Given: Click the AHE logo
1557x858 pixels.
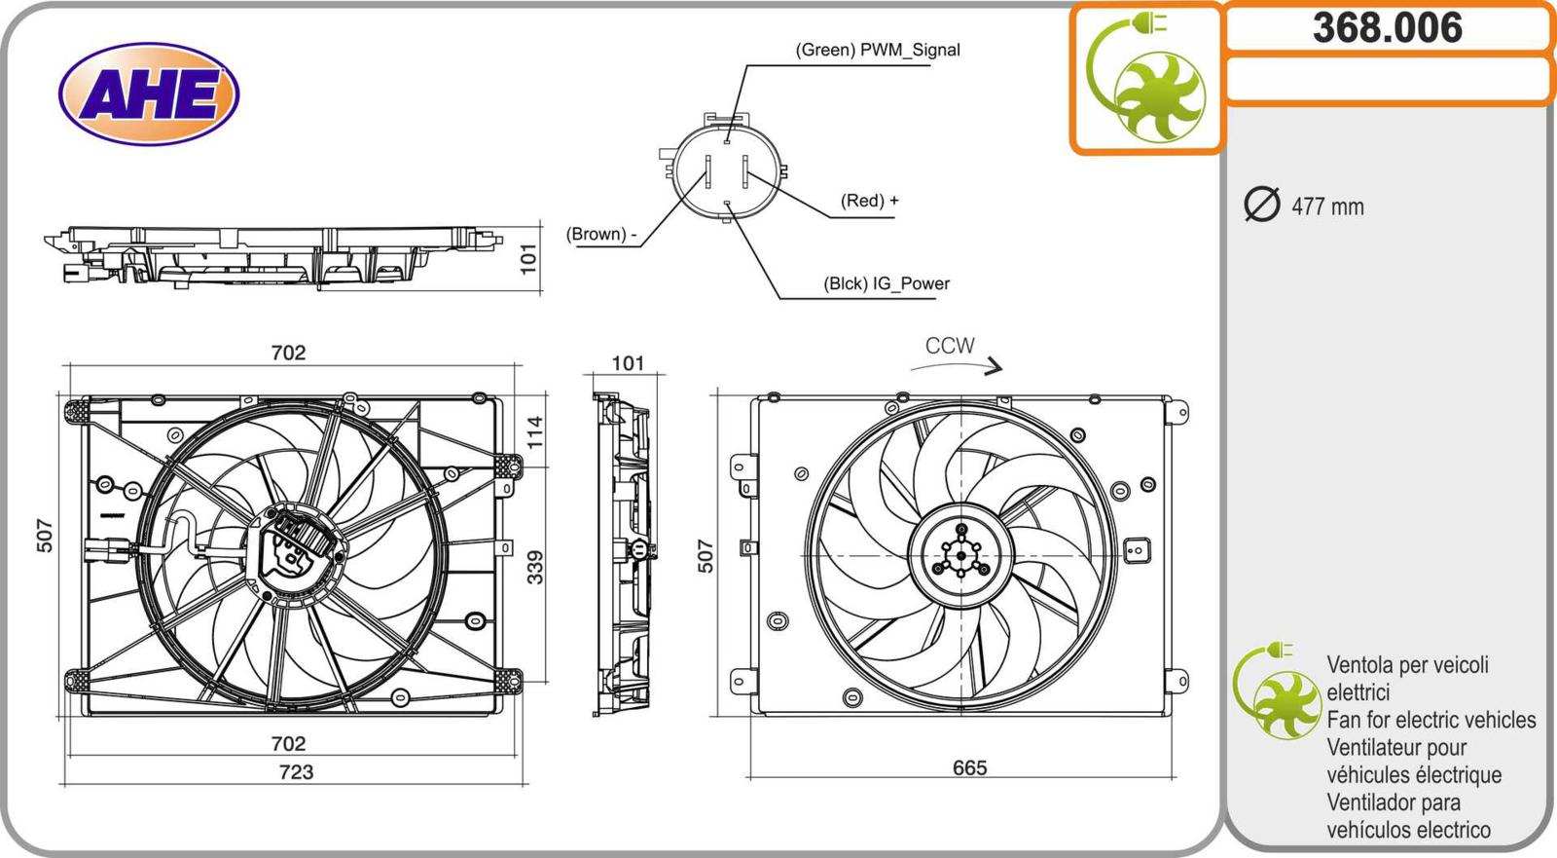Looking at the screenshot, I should [149, 94].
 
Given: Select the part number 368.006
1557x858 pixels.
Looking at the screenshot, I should [1387, 27].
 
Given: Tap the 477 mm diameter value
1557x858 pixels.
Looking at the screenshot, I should [1327, 206].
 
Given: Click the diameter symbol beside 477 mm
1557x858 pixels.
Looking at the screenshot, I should [1262, 205].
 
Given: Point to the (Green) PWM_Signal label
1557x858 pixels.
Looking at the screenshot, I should [877, 50].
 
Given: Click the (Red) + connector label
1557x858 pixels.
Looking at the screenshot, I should [869, 201].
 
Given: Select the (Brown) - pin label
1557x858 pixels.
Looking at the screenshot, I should [601, 234].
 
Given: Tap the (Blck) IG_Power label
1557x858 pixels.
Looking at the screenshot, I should [886, 283].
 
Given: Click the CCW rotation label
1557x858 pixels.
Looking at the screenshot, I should [949, 346].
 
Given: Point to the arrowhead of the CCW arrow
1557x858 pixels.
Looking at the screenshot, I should [995, 367].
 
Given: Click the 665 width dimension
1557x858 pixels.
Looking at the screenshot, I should [969, 767].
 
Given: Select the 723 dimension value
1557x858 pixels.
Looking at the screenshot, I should [296, 771].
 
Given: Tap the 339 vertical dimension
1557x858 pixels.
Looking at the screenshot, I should [535, 567].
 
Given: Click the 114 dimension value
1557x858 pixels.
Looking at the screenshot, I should [535, 431].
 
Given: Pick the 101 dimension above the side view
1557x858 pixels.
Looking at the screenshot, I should [628, 363].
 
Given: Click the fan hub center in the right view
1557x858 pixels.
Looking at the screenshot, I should [961, 556].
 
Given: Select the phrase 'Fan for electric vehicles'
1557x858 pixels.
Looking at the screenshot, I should [1430, 720].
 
